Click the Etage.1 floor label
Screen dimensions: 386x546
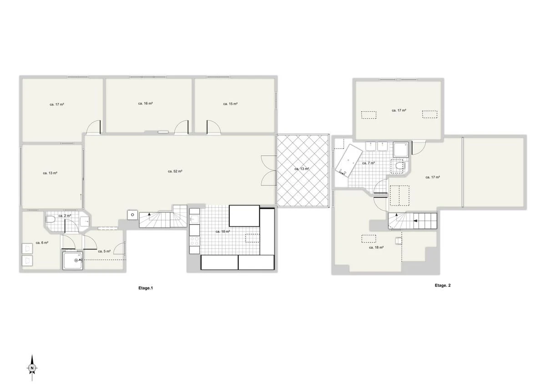coord(146,288)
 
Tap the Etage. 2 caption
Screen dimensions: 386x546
coord(442,286)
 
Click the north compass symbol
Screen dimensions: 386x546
coord(32,367)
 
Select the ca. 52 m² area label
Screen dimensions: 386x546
coord(175,171)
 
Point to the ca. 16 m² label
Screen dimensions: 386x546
coord(145,104)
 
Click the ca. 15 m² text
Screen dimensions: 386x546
coord(230,104)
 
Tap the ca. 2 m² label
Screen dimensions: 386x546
coord(65,216)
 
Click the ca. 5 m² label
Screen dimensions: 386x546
coord(104,251)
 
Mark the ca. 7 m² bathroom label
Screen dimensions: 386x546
coord(368,163)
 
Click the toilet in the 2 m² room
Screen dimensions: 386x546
coord(51,221)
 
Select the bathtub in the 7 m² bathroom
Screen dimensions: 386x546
coord(349,160)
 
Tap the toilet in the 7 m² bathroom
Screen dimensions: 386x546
coord(400,167)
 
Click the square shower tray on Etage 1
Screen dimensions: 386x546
coord(73,261)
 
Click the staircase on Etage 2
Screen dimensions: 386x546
coord(413,221)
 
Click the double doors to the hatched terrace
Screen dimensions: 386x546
coord(268,170)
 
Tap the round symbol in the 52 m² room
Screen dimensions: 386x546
coord(132,215)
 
